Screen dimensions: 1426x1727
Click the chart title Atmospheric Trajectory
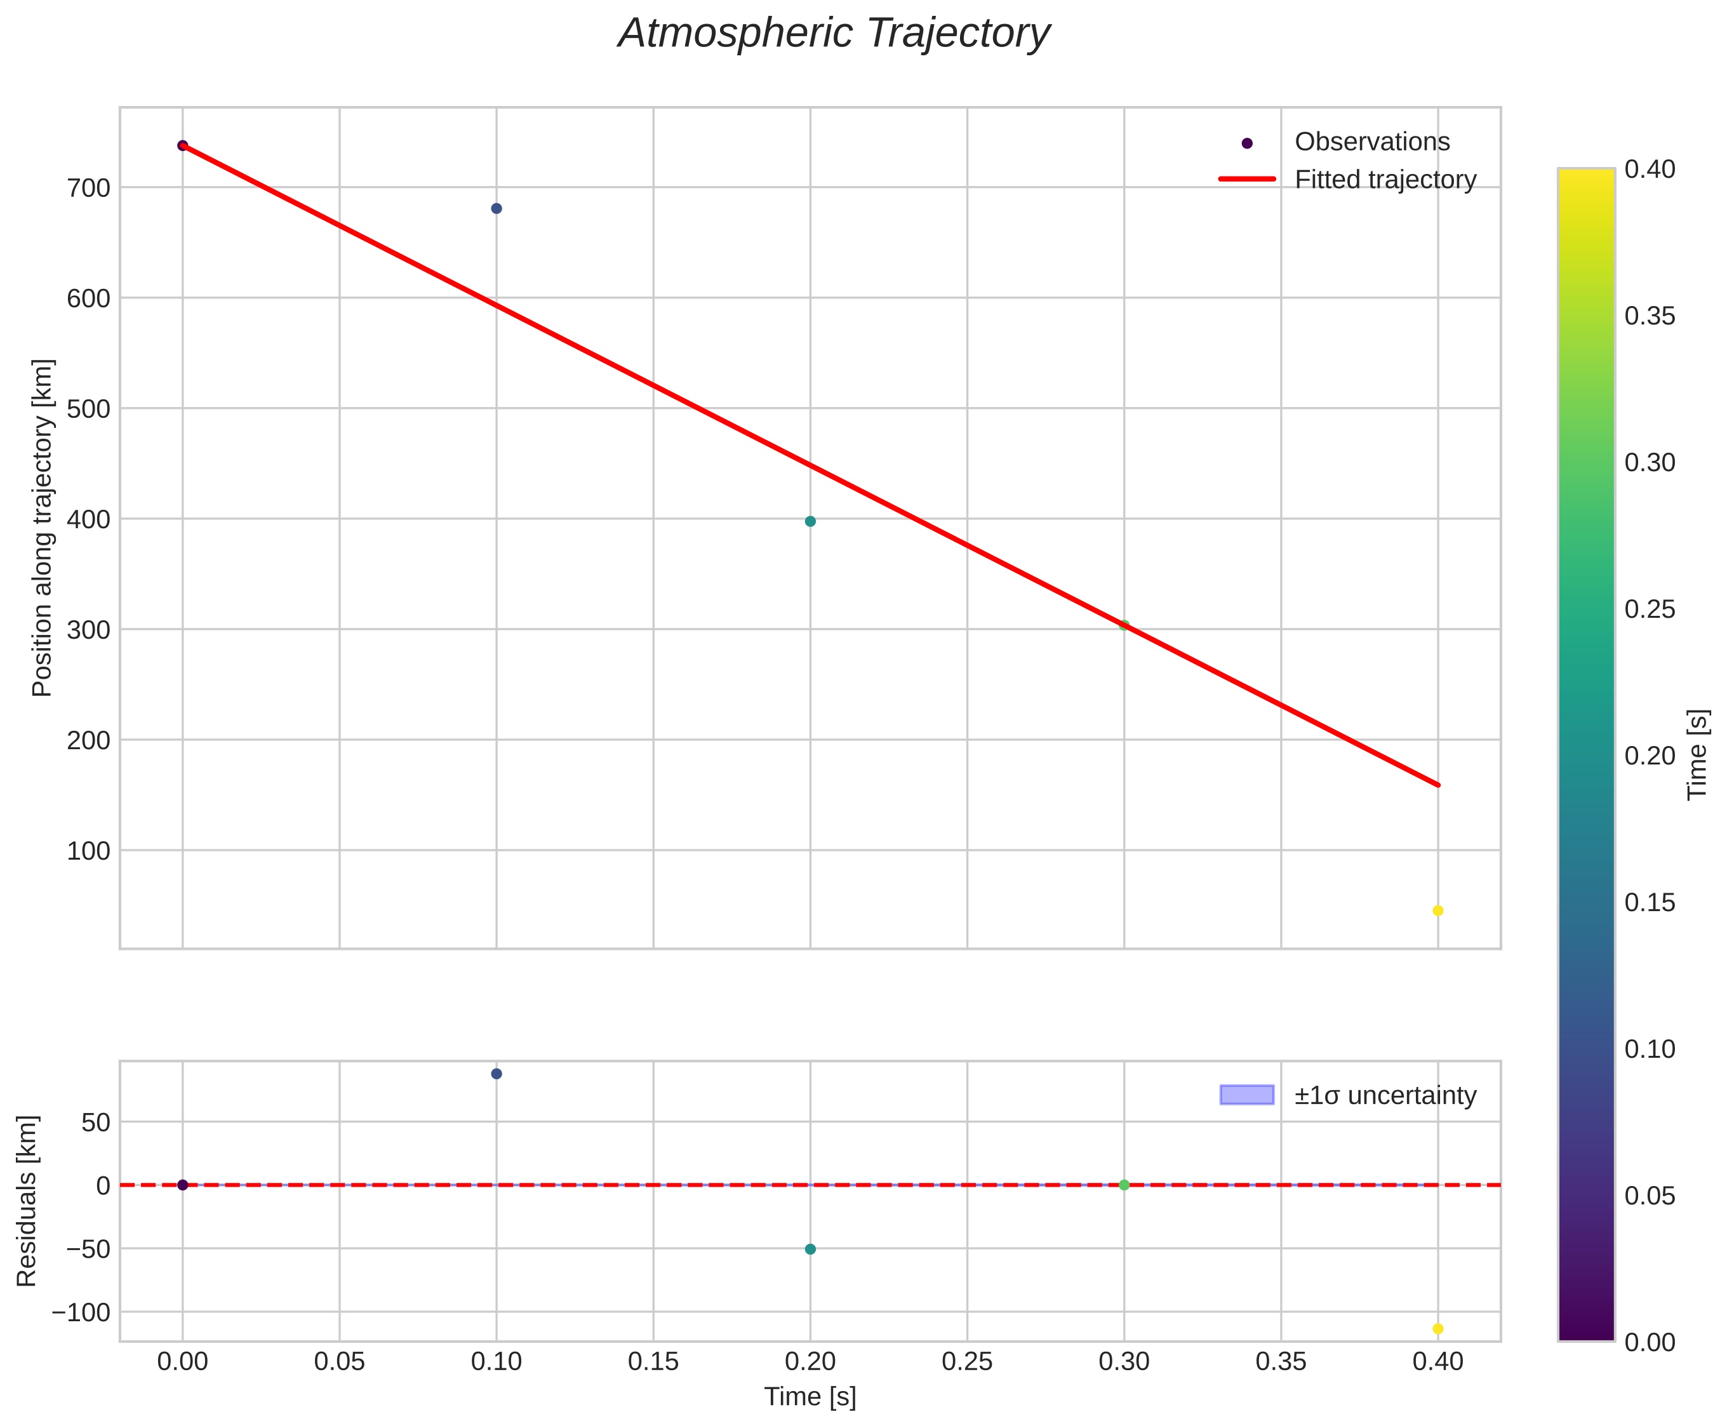pos(833,34)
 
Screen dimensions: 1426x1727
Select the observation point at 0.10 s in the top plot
pos(497,209)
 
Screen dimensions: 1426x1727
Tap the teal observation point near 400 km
pos(810,522)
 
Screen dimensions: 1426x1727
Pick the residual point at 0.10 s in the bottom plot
pos(497,1074)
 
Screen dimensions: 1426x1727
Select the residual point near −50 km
pos(810,1249)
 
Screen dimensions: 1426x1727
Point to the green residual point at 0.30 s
pos(1124,1185)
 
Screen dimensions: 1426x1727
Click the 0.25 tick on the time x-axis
pos(967,1362)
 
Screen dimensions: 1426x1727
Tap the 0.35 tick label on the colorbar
pos(1650,316)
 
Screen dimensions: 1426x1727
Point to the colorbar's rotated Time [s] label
pos(1697,754)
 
